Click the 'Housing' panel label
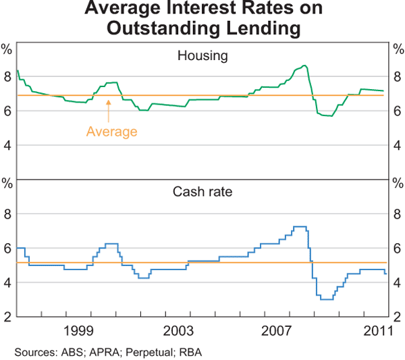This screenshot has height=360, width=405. [x=202, y=56]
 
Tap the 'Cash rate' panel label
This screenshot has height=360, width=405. [x=202, y=192]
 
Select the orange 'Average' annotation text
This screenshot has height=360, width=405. [x=111, y=132]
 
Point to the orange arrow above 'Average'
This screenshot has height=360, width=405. [x=108, y=112]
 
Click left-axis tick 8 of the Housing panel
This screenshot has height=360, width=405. [x=7, y=77]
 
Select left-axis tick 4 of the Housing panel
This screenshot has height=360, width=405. [x=7, y=145]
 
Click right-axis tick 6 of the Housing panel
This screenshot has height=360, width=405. [x=397, y=111]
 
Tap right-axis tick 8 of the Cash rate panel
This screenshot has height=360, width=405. [x=397, y=215]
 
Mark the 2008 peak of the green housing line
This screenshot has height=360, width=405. [x=305, y=66]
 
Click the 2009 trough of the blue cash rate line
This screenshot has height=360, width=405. [x=327, y=299]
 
